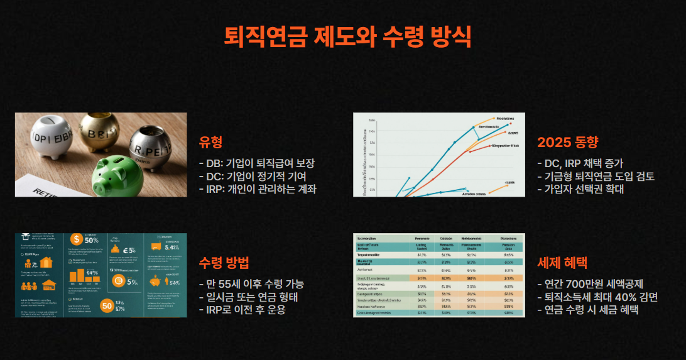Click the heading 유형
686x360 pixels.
(210, 142)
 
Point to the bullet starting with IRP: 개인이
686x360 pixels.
(258, 188)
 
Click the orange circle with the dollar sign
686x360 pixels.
(77, 239)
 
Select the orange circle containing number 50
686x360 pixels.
(106, 306)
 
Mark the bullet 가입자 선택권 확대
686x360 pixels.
(580, 188)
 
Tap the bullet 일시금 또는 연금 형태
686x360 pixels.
(248, 297)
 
